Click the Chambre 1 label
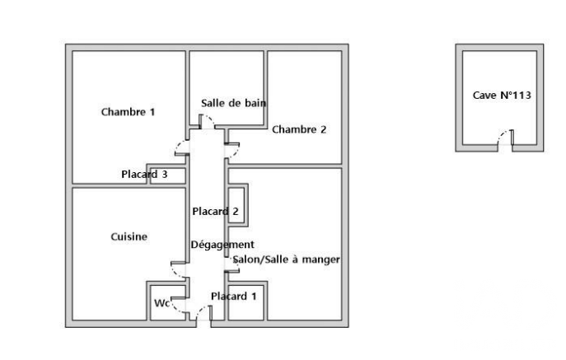129,112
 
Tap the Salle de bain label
233,103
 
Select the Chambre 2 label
299,129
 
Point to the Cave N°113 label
502,96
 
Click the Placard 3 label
144,175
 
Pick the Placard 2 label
216,211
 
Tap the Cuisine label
129,237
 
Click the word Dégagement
222,245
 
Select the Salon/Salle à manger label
286,259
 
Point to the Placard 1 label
234,297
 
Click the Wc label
161,303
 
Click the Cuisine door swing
175,273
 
